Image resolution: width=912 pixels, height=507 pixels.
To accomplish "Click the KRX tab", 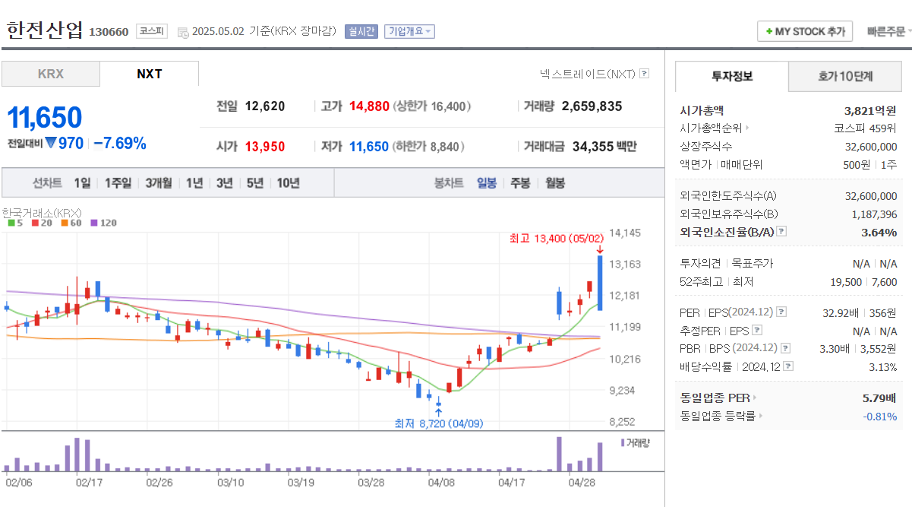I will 50,74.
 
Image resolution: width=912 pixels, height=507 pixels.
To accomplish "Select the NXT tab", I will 149,74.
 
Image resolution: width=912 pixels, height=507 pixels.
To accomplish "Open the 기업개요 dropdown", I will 409,31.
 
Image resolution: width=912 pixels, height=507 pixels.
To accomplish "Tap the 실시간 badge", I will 361,31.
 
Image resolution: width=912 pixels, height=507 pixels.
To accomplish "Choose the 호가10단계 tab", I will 844,76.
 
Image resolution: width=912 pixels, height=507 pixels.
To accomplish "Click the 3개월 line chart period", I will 159,182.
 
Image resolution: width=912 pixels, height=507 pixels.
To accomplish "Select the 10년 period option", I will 288,182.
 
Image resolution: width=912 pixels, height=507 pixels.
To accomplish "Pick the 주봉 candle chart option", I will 520,182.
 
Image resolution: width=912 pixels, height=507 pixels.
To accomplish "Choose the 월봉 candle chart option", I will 555,182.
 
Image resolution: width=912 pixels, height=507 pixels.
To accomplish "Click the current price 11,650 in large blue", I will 45,118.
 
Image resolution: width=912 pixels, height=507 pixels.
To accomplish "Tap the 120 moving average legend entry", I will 104,223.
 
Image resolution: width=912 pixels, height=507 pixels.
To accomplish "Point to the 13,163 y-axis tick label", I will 626,265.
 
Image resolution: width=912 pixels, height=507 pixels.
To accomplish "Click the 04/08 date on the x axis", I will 441,482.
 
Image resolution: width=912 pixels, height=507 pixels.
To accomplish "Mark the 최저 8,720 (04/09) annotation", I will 438,423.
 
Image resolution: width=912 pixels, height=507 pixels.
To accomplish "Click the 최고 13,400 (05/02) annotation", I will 557,239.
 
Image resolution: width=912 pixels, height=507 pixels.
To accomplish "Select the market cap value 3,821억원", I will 870,110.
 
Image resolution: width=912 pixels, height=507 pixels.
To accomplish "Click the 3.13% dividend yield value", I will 882,367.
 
